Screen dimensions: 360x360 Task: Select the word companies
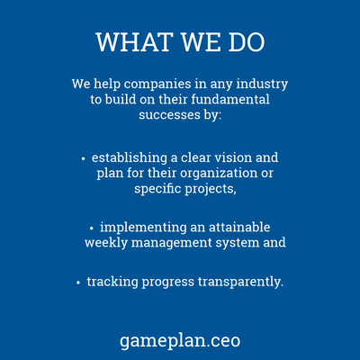coord(157,85)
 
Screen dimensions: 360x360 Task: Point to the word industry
coord(262,84)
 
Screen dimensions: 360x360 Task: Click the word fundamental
coord(230,99)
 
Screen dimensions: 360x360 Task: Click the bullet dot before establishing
coord(84,158)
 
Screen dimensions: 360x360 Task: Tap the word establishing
coord(130,158)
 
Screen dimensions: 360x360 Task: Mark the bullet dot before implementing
coord(92,229)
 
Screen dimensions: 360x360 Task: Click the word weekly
coord(106,243)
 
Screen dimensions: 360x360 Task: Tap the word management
coord(172,244)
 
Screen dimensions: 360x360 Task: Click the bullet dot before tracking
coord(78,283)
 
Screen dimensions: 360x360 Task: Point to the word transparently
coord(240,283)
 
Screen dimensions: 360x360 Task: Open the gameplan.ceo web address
coord(180,341)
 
